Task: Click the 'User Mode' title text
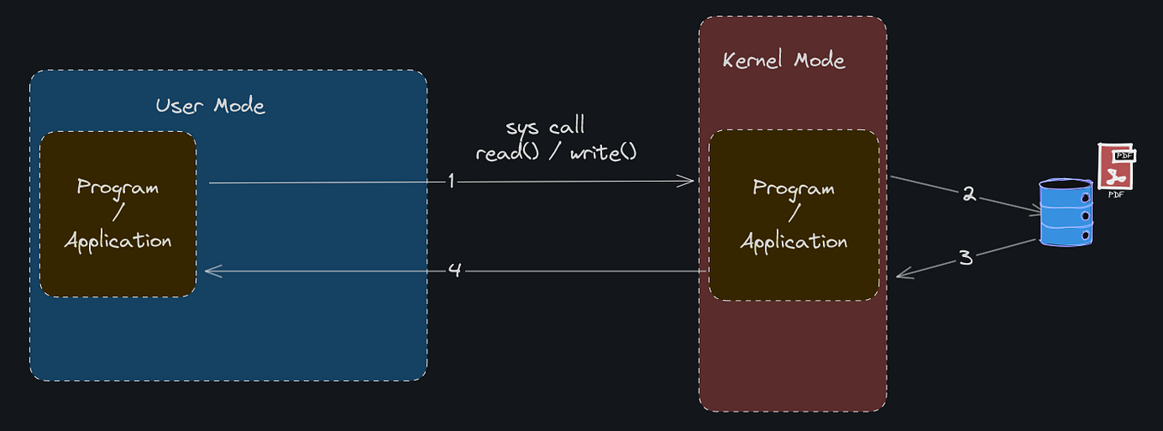coord(210,106)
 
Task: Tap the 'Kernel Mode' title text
coord(784,61)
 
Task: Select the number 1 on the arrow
coord(450,182)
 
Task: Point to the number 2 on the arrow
coord(969,195)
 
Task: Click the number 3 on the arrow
coord(965,257)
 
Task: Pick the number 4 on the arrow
coord(455,270)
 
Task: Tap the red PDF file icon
coord(1117,165)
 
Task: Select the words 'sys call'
coord(545,128)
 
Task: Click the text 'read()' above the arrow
coord(507,154)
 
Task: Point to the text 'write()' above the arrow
coord(604,154)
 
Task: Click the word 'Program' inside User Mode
coord(117,187)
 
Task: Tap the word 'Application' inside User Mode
coord(118,241)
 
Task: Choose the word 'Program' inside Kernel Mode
coord(793,189)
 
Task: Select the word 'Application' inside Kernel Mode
coord(794,242)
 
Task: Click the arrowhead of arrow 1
coord(688,181)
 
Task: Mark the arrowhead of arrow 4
coord(211,271)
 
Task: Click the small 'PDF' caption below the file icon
coord(1116,195)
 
